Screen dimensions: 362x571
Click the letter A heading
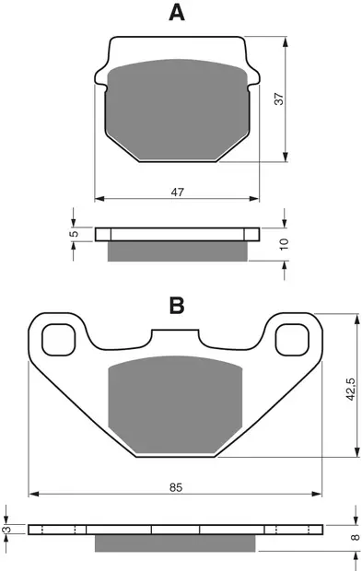[177, 13]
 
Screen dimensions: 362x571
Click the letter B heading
[177, 305]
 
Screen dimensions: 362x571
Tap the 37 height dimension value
[278, 99]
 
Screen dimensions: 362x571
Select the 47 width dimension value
[178, 192]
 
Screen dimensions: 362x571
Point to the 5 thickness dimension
[75, 233]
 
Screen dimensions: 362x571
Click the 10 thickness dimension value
[285, 244]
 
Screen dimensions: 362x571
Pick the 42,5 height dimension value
[351, 390]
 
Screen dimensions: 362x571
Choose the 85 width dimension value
[176, 487]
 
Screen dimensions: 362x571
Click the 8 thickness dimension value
[356, 537]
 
